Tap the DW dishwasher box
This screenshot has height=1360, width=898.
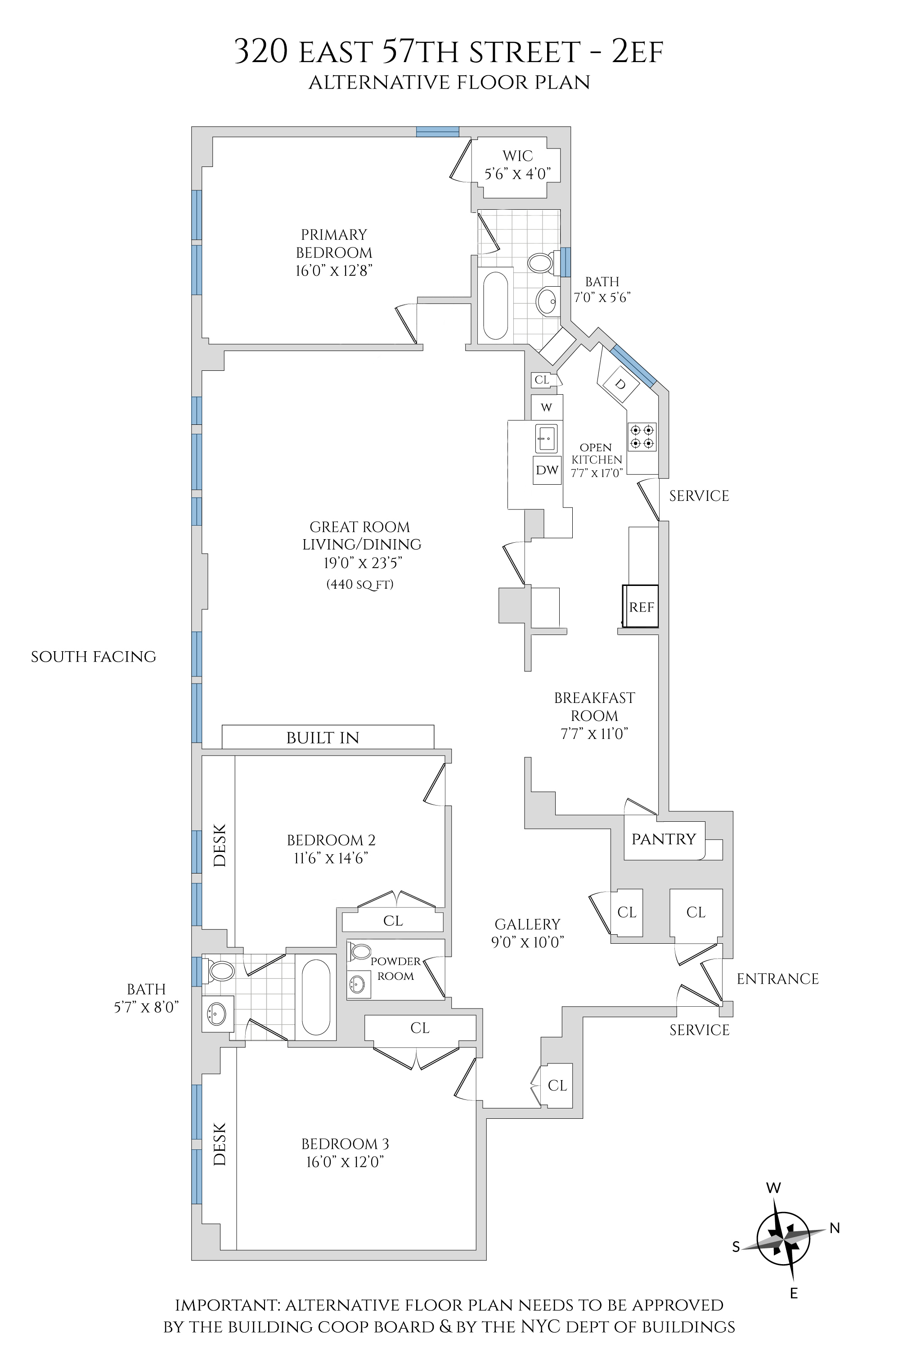(x=547, y=470)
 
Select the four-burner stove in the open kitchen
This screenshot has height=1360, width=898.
(x=642, y=436)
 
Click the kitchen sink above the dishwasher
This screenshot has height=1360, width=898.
(x=546, y=438)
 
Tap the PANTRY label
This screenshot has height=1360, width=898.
(x=663, y=839)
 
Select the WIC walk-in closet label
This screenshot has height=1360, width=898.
(x=518, y=156)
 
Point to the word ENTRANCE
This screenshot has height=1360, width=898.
(x=777, y=978)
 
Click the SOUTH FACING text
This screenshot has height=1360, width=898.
(x=93, y=657)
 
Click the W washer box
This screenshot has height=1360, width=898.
(x=546, y=407)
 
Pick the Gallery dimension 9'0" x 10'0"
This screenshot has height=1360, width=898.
(x=527, y=942)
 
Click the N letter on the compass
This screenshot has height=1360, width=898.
(x=835, y=1228)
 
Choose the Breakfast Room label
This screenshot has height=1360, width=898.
(x=594, y=707)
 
